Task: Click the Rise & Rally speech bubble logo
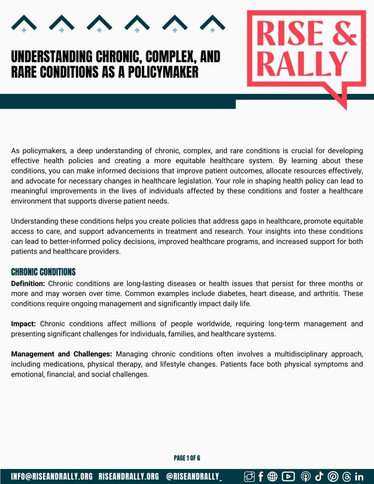coord(306,52)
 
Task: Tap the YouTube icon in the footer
coord(288,476)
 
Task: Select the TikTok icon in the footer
coord(319,476)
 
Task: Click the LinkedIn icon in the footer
coord(359,476)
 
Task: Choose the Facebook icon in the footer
coord(261,476)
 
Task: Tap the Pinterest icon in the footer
coord(333,476)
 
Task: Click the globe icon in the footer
coord(272,476)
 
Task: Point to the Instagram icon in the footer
coord(249,476)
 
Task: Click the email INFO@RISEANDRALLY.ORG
coord(52,476)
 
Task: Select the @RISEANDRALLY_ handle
coord(194,476)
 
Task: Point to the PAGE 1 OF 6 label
coord(187,458)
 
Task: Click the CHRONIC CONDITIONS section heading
coord(43,272)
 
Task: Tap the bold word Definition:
coord(28,284)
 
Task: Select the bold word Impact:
coord(24,324)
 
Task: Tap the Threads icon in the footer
coord(346,476)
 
